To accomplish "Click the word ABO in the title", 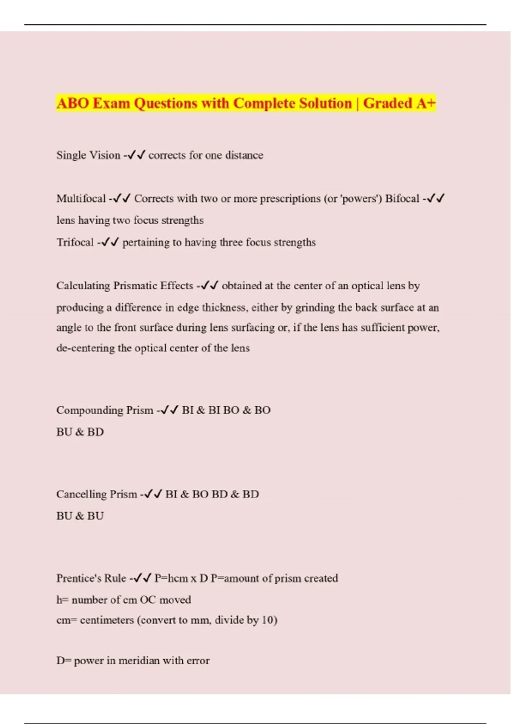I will tap(72, 103).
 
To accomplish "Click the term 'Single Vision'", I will tap(88, 155).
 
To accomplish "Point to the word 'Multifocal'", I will tap(81, 199).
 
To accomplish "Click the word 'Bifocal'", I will tap(402, 199).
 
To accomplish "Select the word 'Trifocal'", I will tap(75, 242).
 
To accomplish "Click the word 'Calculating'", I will tap(83, 286).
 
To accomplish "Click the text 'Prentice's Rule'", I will tap(91, 578).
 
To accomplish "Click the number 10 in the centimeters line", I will tap(267, 620).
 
